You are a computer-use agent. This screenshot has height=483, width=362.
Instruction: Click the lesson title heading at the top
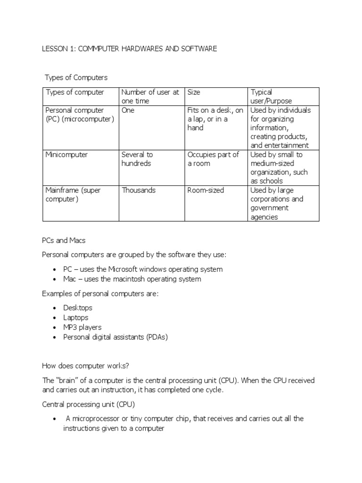point(130,49)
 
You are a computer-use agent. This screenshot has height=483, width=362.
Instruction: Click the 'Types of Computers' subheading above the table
point(76,77)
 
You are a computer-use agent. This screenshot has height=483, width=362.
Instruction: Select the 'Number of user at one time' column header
point(150,97)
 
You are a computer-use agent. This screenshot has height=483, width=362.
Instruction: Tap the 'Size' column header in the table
point(194,92)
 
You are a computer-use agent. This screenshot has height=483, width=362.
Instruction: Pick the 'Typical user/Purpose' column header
point(271,97)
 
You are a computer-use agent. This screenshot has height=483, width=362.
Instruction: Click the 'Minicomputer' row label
point(66,155)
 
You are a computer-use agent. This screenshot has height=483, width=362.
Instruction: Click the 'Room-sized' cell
point(206,191)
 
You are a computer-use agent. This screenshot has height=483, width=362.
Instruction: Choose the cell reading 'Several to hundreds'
point(137,159)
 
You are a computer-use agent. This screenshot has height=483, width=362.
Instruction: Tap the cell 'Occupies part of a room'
point(213,159)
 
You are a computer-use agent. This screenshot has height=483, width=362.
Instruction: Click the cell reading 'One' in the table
point(128,110)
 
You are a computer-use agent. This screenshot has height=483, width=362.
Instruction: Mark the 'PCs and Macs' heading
point(64,241)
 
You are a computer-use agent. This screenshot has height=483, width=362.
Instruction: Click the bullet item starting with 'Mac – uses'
point(132,279)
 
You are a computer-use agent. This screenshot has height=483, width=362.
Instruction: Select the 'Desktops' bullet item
point(78,308)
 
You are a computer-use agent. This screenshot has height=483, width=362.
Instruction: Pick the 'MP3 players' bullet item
point(82,327)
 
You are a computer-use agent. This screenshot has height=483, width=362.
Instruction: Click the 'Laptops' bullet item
point(76,318)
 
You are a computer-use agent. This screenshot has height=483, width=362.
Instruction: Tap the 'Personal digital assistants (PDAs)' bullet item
point(115,337)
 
